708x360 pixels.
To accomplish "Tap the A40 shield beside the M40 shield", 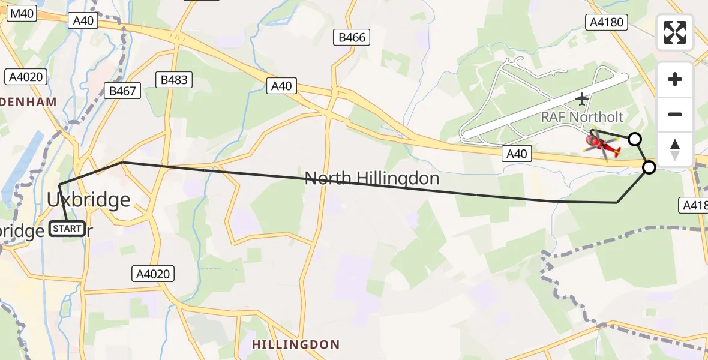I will pyautogui.click(x=83, y=20).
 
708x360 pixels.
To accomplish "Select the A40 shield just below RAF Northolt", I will pyautogui.click(x=517, y=154).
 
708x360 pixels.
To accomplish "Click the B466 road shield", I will pyautogui.click(x=352, y=38).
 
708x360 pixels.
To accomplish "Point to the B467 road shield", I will pyautogui.click(x=124, y=91).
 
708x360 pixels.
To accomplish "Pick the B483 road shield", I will pyautogui.click(x=175, y=80).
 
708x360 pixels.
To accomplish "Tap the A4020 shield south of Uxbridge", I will pyautogui.click(x=153, y=275).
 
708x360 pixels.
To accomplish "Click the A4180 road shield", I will pyautogui.click(x=606, y=23).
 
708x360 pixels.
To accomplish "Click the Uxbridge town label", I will pyautogui.click(x=89, y=199).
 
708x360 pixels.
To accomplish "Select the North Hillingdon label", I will pyautogui.click(x=372, y=178).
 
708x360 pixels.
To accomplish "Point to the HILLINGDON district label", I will pyautogui.click(x=296, y=345).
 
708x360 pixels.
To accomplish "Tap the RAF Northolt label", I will pyautogui.click(x=582, y=117).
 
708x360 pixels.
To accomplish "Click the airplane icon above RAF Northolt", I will pyautogui.click(x=581, y=98).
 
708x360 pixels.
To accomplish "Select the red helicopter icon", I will pyautogui.click(x=602, y=145).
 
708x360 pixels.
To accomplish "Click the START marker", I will pyautogui.click(x=67, y=229).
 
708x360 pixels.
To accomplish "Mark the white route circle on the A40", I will pyautogui.click(x=649, y=167).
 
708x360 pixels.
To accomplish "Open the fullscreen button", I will pyautogui.click(x=675, y=32).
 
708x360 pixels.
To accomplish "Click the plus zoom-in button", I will pyautogui.click(x=675, y=79).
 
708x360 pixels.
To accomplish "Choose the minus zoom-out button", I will pyautogui.click(x=675, y=114).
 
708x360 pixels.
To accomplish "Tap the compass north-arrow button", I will pyautogui.click(x=675, y=149).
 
